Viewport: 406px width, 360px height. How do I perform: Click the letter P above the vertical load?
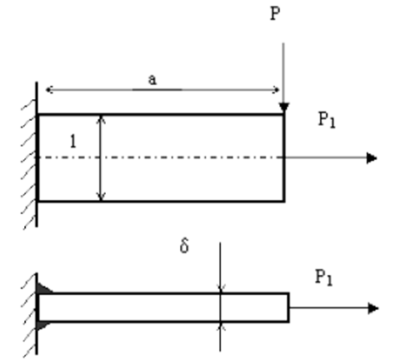tap(275, 13)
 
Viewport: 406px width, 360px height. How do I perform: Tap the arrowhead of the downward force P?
tap(284, 107)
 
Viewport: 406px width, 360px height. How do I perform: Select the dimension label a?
tap(153, 80)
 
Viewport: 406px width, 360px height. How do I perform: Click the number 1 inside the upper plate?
tap(73, 141)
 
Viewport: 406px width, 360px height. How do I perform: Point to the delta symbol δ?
tap(184, 246)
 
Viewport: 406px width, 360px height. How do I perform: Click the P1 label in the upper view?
tap(327, 120)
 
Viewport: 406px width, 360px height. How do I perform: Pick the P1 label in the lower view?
tap(324, 277)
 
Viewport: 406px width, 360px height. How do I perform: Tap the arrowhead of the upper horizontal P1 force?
tap(372, 157)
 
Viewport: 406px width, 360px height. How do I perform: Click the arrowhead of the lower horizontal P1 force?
tap(373, 308)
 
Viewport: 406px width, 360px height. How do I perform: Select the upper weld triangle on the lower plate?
tap(43, 289)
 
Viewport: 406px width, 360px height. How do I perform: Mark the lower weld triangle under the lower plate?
tap(43, 326)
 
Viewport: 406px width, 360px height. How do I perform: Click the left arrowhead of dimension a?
tap(49, 90)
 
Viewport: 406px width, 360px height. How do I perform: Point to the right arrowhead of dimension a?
tap(276, 90)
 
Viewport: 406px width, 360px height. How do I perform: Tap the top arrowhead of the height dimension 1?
tap(102, 119)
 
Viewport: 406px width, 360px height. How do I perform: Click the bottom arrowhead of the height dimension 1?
tap(102, 196)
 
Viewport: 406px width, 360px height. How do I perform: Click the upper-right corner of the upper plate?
tap(284, 114)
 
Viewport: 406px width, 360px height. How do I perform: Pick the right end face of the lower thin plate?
tap(288, 307)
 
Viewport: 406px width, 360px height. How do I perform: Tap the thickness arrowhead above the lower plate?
tap(221, 288)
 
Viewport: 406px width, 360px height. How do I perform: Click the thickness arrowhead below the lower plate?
tap(221, 327)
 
